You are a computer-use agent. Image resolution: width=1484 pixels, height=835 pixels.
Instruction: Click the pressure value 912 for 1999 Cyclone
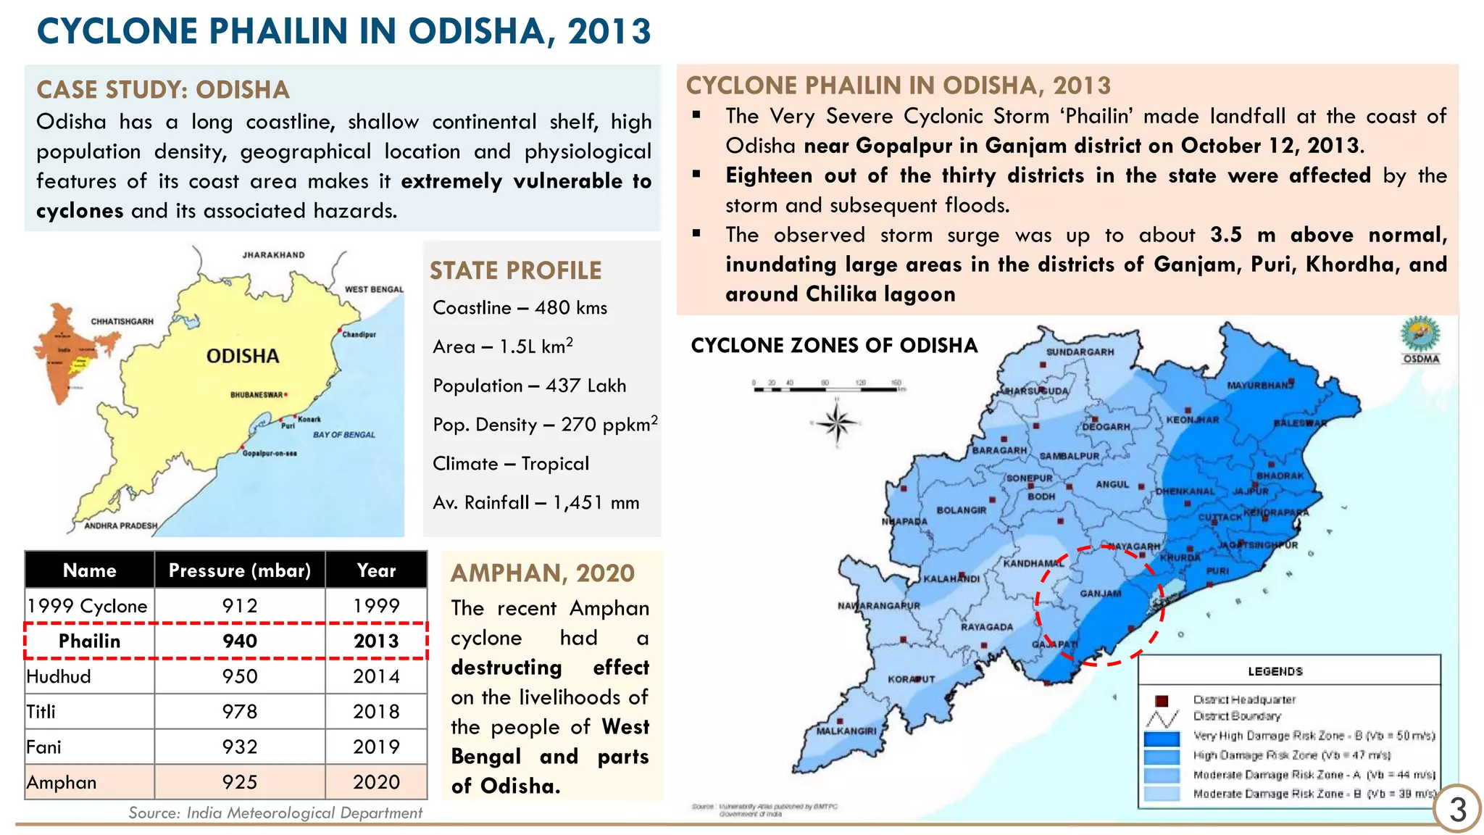coord(240,606)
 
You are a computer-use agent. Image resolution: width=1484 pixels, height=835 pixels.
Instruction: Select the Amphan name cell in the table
coord(62,783)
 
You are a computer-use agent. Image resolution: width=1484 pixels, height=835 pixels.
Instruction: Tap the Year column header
coord(376,570)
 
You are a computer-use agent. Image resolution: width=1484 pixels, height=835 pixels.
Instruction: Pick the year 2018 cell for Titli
coord(376,712)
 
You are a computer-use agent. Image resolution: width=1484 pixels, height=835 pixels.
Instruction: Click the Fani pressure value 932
coord(240,747)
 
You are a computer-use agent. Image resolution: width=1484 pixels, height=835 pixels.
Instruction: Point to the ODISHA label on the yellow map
coord(243,356)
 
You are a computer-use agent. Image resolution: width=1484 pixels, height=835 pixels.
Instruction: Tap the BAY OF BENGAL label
coord(344,435)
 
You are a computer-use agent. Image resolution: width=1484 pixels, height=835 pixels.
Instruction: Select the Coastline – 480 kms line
coord(520,308)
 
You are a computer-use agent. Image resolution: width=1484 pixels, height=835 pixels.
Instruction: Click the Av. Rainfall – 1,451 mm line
coord(535,503)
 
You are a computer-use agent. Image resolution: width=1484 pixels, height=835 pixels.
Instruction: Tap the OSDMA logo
coord(1420,338)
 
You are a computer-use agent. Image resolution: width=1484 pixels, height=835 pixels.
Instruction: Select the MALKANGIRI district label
coord(846,731)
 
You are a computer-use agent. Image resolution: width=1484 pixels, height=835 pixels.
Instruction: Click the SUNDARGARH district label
coord(1080,352)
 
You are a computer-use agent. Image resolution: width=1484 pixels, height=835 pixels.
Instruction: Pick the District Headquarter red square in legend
coord(1162,700)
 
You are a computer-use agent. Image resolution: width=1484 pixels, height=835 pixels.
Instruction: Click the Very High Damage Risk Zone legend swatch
coord(1162,739)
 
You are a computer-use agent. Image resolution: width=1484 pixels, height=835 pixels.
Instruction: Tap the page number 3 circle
coord(1457,810)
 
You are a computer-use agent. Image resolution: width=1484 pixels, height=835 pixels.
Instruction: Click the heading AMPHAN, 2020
coord(543,573)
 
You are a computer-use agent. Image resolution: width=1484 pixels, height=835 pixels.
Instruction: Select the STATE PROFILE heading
coord(515,271)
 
